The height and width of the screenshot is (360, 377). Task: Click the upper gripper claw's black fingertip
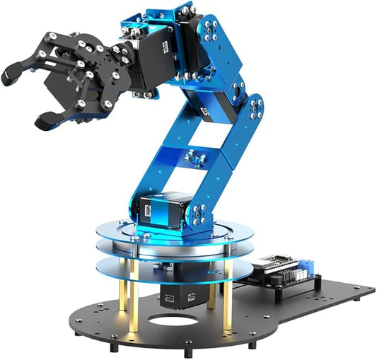click(13, 72)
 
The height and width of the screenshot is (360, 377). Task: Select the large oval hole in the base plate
click(173, 322)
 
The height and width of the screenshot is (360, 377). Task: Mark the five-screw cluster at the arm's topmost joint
click(209, 28)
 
